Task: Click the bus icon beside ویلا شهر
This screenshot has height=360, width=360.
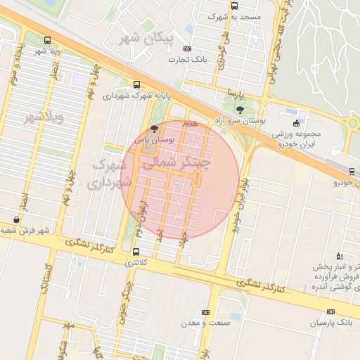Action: (47, 40)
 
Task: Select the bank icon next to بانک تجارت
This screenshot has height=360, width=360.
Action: (186, 49)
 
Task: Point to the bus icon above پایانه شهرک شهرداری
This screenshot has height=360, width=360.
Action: (136, 84)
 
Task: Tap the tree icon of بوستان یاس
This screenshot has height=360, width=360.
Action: (155, 129)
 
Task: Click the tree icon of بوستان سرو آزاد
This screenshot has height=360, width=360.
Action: (240, 110)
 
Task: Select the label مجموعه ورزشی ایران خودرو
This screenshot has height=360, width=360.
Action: (297, 139)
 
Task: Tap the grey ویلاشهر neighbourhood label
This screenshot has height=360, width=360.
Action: (44, 117)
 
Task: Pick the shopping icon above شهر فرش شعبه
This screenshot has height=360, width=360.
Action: (16, 219)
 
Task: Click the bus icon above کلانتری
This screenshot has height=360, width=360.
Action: (136, 251)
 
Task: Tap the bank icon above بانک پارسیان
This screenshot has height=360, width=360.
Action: (330, 311)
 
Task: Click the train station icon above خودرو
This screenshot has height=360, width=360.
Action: (352, 171)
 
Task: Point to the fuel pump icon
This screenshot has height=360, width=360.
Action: (340, 256)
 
